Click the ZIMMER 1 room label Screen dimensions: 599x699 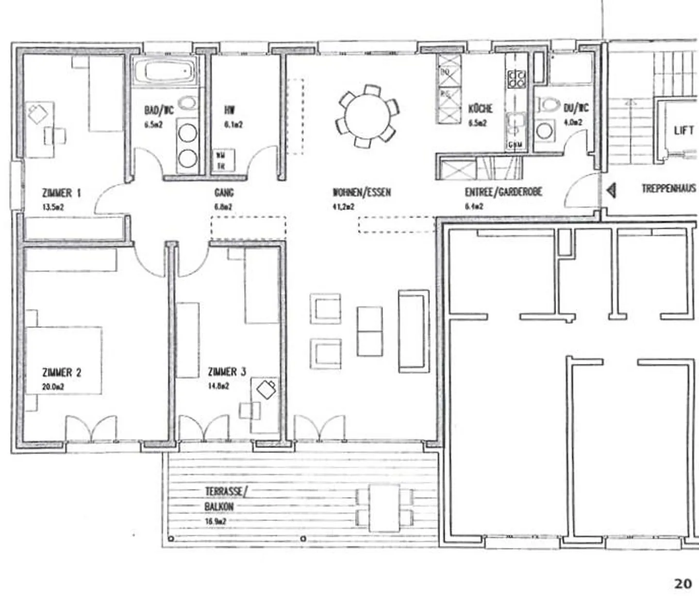[61, 193]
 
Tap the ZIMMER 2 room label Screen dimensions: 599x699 [62, 372]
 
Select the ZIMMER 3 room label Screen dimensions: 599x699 [227, 372]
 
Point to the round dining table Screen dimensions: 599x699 [367, 117]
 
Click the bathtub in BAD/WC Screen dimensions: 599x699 [165, 72]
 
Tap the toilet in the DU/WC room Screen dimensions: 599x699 [548, 104]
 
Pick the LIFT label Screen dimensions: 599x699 [683, 130]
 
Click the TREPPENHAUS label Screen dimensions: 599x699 [668, 189]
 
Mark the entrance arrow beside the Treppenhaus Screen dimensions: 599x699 [611, 190]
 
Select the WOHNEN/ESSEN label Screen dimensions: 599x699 [361, 193]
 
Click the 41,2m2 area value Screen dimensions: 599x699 [343, 207]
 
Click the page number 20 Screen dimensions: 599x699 [682, 583]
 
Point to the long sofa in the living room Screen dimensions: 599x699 [414, 331]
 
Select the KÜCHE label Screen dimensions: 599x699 [480, 108]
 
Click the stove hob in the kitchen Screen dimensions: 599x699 [516, 79]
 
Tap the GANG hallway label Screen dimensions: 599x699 [224, 193]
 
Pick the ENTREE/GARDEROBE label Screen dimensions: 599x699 [503, 192]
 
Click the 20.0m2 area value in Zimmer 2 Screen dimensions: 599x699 [53, 387]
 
